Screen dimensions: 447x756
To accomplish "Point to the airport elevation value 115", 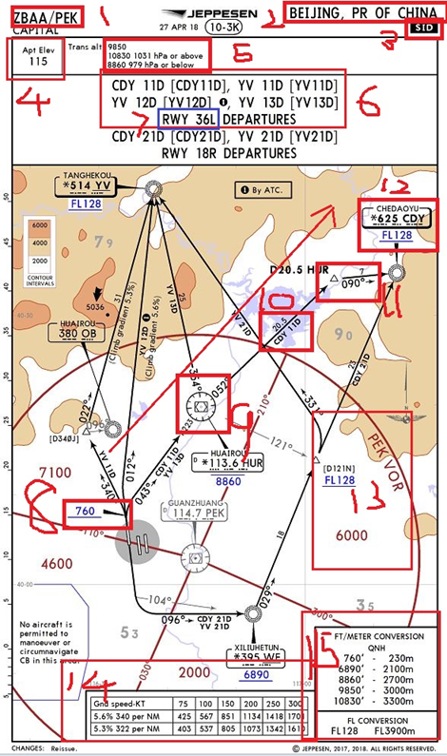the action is click(38, 61).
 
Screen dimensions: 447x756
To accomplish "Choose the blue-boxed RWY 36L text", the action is click(188, 119).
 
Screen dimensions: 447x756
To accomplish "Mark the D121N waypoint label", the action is click(340, 466).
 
